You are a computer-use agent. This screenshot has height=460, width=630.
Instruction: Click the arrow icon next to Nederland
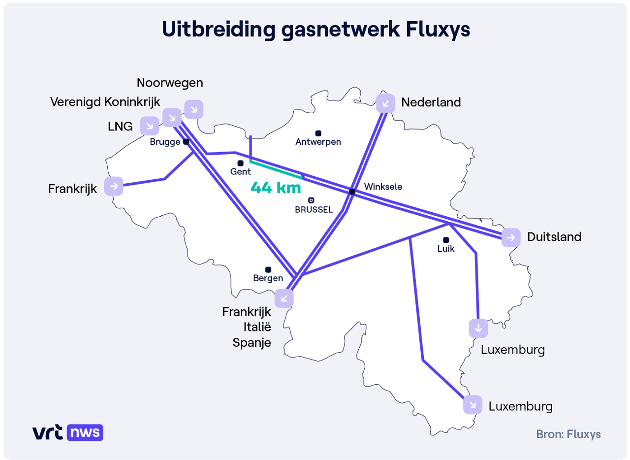point(385,103)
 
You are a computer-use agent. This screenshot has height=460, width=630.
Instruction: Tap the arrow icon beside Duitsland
point(511,238)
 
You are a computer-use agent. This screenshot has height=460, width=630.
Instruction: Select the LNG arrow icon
point(149,126)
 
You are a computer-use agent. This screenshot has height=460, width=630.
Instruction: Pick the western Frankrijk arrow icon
point(114,186)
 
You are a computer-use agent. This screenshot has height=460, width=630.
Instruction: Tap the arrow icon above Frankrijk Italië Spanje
point(284,298)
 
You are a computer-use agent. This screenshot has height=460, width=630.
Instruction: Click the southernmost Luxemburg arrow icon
point(472,404)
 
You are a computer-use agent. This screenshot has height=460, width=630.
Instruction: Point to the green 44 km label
point(276,188)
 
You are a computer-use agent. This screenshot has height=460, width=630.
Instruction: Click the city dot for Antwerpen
point(318,133)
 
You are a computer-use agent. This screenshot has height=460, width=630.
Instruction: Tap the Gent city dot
point(240,163)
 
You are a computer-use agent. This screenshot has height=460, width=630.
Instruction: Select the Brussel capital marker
point(311,200)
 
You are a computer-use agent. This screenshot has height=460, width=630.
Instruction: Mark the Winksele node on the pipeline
point(352,191)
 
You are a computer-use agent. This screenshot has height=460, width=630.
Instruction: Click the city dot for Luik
point(446,240)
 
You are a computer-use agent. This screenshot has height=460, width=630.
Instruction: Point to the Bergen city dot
point(268,269)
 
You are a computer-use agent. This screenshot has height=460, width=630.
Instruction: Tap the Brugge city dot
point(186,142)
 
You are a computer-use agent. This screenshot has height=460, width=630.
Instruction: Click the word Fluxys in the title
point(438,30)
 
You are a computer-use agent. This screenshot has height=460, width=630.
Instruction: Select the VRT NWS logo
point(68,432)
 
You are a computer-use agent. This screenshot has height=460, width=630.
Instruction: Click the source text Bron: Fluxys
point(568,434)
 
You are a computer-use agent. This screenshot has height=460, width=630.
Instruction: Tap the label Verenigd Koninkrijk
point(105,102)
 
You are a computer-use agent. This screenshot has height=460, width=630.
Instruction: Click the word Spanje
point(252,342)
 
